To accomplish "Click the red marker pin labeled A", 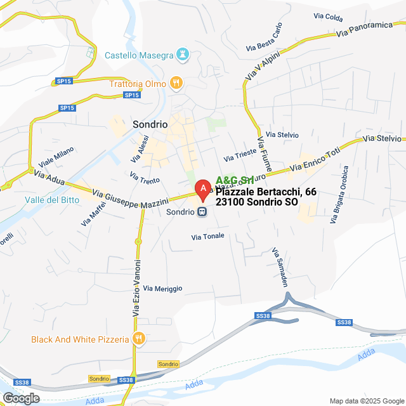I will pyautogui.click(x=202, y=188).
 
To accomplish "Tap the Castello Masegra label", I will pyautogui.click(x=138, y=55).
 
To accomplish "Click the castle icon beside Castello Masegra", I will pyautogui.click(x=183, y=55).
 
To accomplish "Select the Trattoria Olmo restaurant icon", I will pyautogui.click(x=176, y=82).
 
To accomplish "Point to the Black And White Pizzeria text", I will pyautogui.click(x=80, y=339).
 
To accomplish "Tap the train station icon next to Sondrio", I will pyautogui.click(x=202, y=212).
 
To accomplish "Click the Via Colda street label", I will pyautogui.click(x=328, y=17).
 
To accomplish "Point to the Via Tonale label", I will pyautogui.click(x=208, y=237).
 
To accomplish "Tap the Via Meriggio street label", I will pyautogui.click(x=163, y=289).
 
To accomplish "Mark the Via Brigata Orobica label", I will pyautogui.click(x=339, y=195).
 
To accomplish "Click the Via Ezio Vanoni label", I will pyautogui.click(x=136, y=288).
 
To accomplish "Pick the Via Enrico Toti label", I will pyautogui.click(x=315, y=159).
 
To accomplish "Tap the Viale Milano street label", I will pyautogui.click(x=56, y=157).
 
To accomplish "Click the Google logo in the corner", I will pyautogui.click(x=21, y=398).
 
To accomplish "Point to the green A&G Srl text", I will pyautogui.click(x=235, y=181).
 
